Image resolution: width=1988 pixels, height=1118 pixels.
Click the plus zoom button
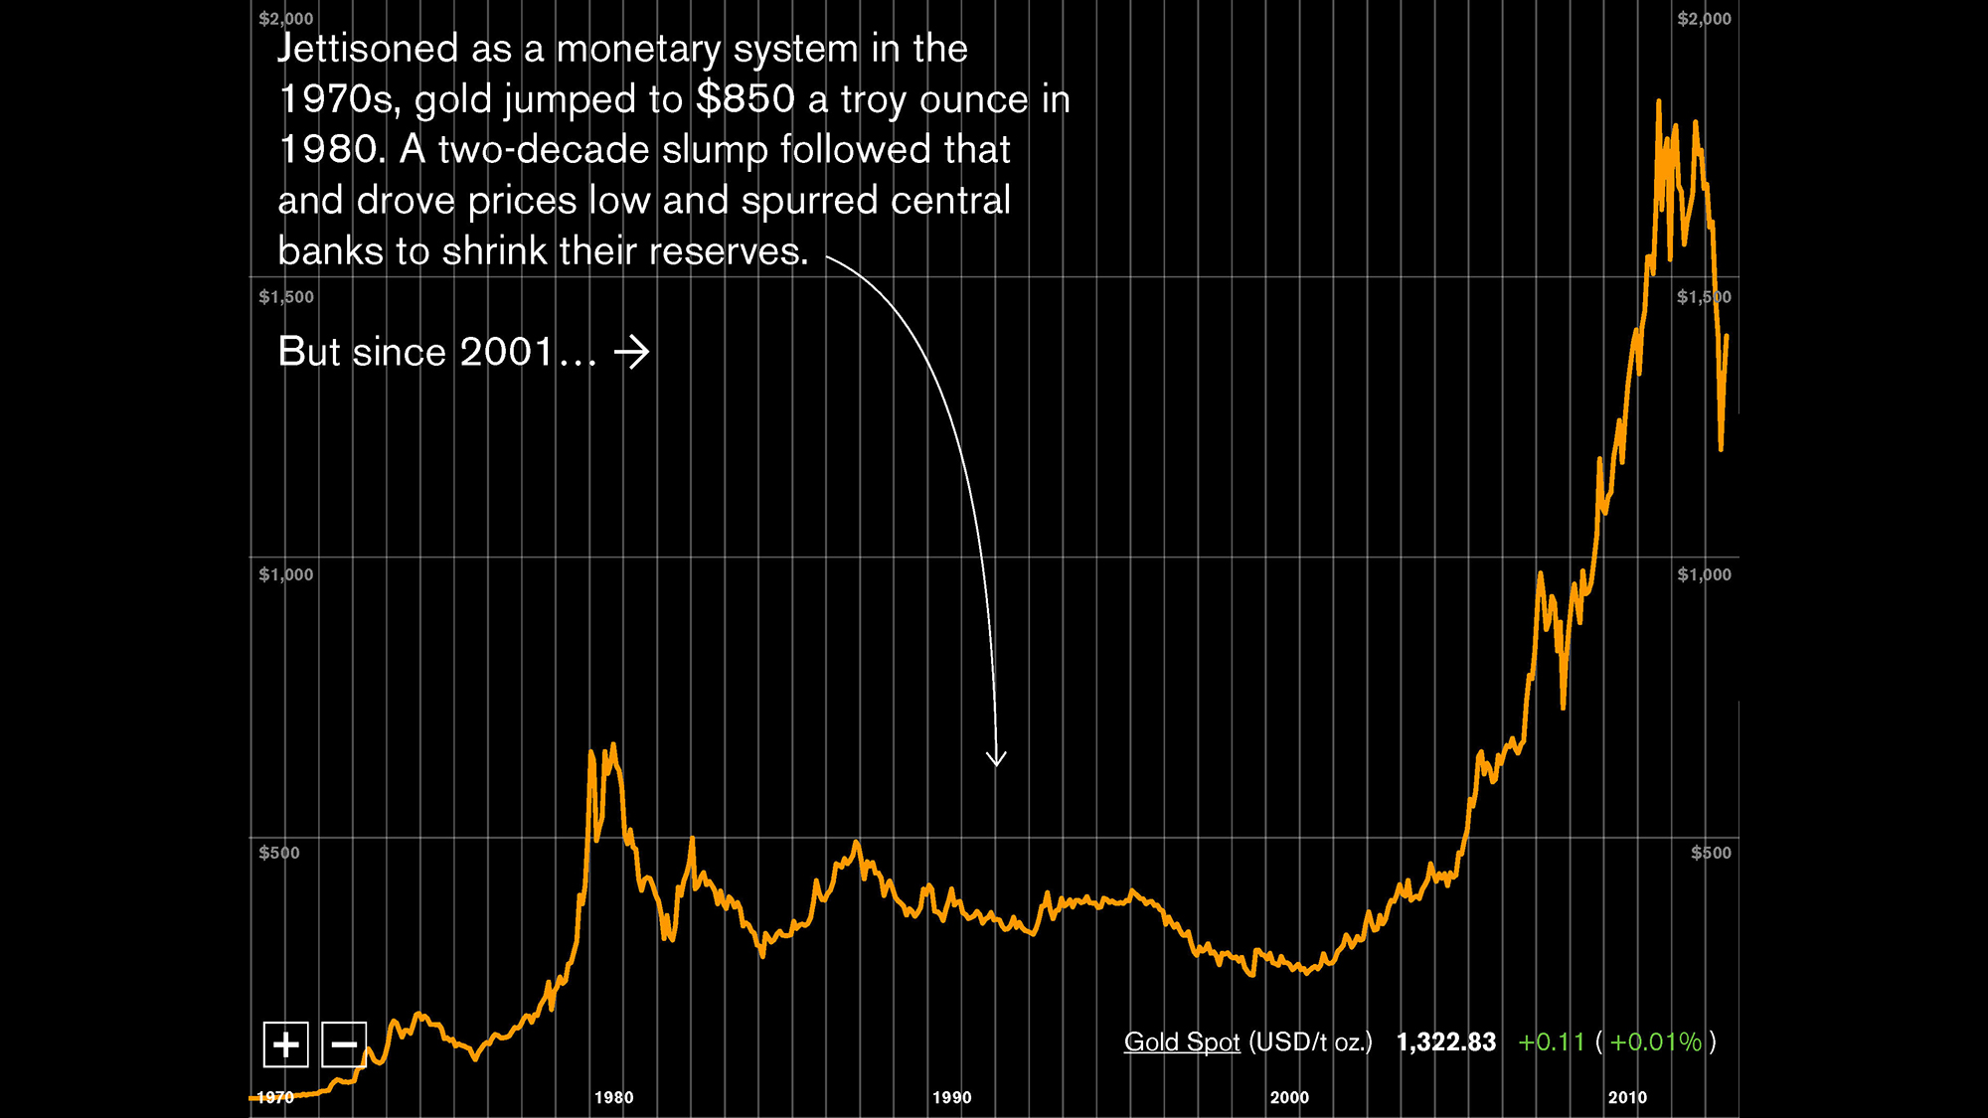pyautogui.click(x=285, y=1044)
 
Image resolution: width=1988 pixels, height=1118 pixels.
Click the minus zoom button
pyautogui.click(x=344, y=1044)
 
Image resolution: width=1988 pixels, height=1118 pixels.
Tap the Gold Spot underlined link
pyautogui.click(x=1182, y=1041)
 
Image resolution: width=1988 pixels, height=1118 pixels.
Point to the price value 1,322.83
pyautogui.click(x=1445, y=1041)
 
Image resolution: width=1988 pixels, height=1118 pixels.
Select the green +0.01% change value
pyautogui.click(x=1655, y=1041)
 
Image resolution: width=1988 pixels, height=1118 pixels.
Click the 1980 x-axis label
pyautogui.click(x=613, y=1097)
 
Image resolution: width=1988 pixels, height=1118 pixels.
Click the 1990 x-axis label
pyautogui.click(x=951, y=1097)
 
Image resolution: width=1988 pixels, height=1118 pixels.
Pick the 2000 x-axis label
pyautogui.click(x=1289, y=1097)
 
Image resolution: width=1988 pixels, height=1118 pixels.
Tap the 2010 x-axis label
pyautogui.click(x=1627, y=1097)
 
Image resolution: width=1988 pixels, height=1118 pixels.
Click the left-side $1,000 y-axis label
pyautogui.click(x=285, y=574)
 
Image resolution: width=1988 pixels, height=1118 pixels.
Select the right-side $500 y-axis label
pyautogui.click(x=1711, y=853)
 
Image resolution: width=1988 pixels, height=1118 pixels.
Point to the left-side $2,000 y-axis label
pyautogui.click(x=285, y=19)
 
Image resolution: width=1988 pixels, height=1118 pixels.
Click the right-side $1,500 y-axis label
pyautogui.click(x=1704, y=297)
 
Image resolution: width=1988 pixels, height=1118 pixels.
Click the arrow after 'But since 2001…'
pyautogui.click(x=631, y=352)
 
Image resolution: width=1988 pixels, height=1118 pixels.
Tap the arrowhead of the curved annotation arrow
pyautogui.click(x=996, y=761)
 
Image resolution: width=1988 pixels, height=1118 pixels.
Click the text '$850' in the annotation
pyautogui.click(x=745, y=99)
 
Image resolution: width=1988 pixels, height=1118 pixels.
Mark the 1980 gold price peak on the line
pyautogui.click(x=613, y=744)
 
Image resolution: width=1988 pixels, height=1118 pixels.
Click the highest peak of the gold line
pyautogui.click(x=1658, y=101)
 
